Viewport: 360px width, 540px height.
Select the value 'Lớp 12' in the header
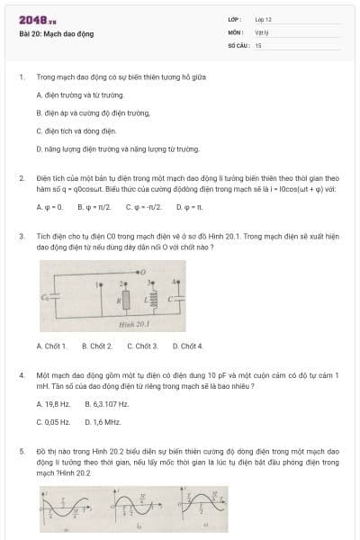tap(263, 19)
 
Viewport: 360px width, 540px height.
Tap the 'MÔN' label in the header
tap(235, 31)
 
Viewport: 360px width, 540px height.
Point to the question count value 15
tap(258, 44)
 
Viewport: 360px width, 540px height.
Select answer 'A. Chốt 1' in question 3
tap(51, 371)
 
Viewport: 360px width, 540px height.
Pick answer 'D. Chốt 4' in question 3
tap(187, 371)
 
